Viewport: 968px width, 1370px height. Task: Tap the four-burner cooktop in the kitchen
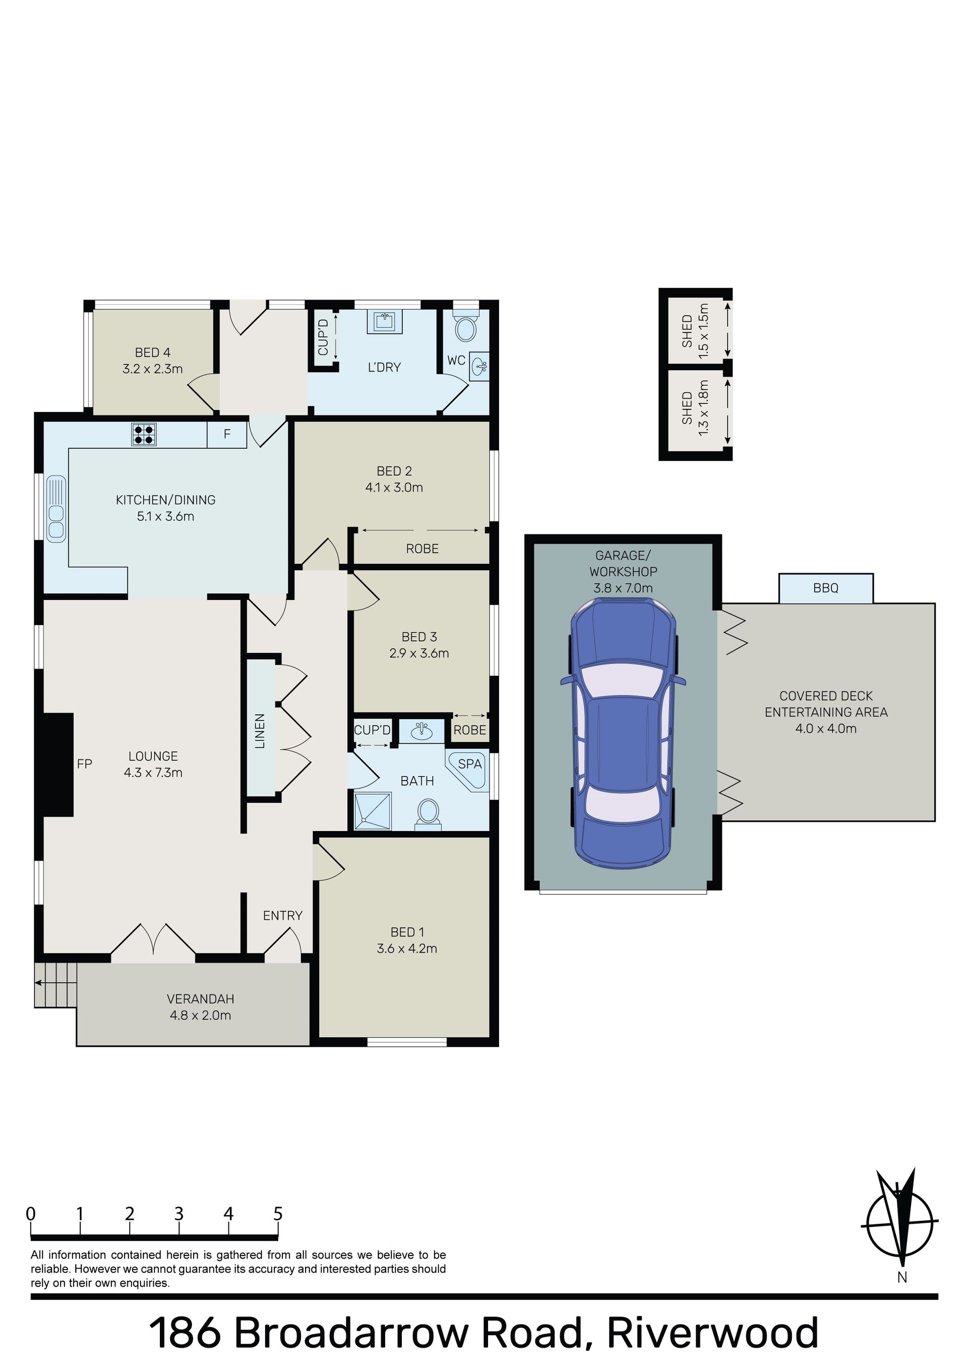point(144,434)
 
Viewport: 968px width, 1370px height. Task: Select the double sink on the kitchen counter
point(56,509)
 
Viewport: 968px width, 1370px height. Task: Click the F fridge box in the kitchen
point(227,434)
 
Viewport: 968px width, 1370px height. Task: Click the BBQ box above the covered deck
point(826,588)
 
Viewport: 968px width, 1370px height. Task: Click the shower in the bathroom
point(373,811)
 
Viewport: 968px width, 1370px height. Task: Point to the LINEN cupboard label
point(260,731)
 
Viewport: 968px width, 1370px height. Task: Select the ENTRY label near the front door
point(283,915)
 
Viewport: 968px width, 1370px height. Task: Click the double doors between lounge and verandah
point(153,941)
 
